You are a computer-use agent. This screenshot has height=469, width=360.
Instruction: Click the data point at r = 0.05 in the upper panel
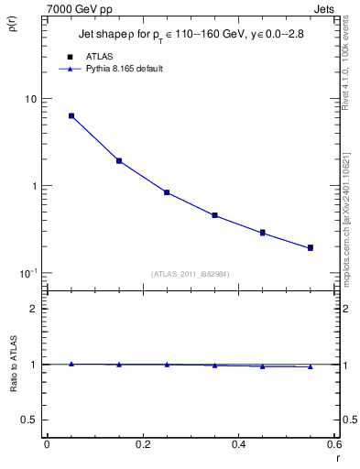[71, 116]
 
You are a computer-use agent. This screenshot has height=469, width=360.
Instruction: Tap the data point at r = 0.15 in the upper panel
[119, 161]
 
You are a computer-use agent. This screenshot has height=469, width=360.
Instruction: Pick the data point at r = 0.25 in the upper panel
[167, 192]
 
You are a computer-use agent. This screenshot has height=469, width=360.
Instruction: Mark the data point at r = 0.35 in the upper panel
[214, 215]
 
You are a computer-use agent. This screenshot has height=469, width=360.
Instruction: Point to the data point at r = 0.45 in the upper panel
[263, 233]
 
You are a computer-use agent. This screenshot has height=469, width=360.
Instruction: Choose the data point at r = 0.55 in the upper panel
[311, 247]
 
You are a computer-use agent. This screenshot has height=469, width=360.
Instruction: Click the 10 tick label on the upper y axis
[30, 99]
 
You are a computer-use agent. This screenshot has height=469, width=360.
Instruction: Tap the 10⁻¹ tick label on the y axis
[27, 273]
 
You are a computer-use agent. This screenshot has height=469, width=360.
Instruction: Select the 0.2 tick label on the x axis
[142, 444]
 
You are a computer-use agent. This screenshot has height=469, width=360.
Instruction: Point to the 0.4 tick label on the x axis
[238, 444]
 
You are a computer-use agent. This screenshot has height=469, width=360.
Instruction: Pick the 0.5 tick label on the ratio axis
[30, 420]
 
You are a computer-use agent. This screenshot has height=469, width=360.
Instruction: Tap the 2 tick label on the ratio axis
[34, 309]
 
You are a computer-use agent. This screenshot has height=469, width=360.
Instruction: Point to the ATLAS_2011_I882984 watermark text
[191, 273]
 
